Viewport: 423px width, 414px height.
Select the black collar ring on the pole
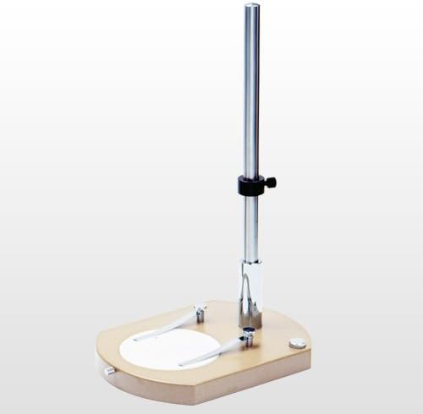coord(250,185)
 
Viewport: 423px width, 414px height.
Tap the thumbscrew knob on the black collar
coord(272,181)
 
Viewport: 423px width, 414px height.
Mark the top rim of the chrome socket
coord(251,262)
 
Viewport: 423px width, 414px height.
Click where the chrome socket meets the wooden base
coord(251,326)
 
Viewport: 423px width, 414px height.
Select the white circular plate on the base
coord(169,347)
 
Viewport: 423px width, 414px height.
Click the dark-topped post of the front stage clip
coord(248,335)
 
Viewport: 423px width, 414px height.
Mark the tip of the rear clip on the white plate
coord(138,338)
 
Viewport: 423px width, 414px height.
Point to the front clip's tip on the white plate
coord(183,364)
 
